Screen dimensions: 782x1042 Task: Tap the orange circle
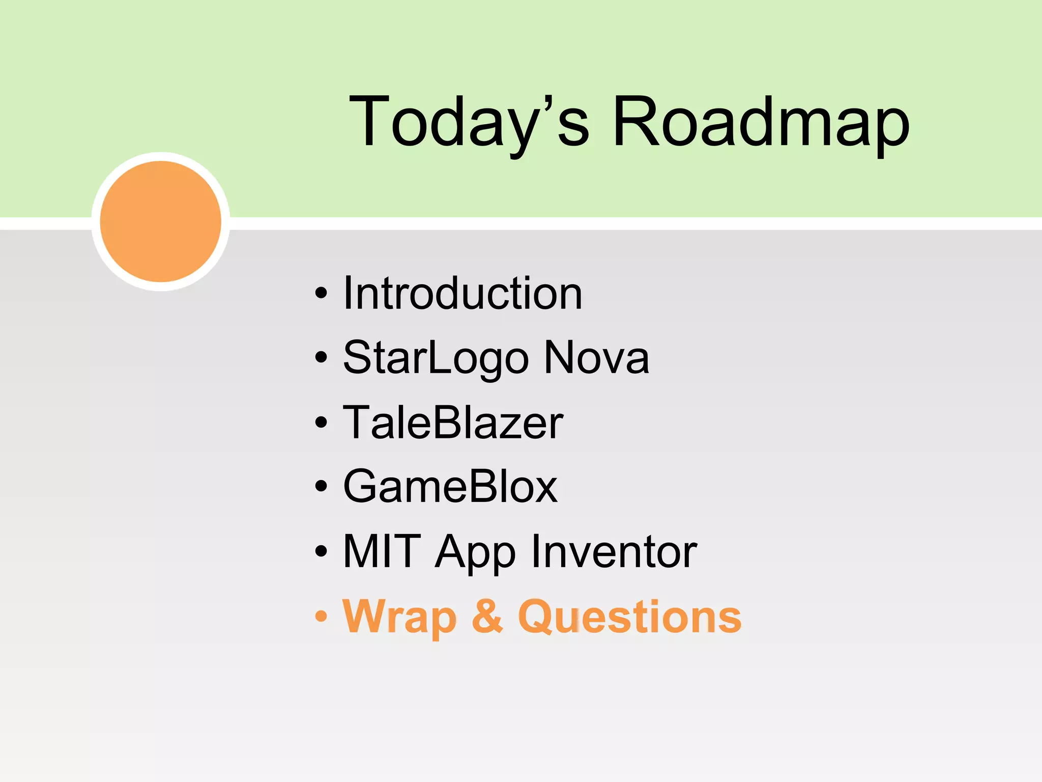(x=161, y=221)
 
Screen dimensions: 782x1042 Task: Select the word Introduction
(x=462, y=294)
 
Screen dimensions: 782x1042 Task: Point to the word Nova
(x=596, y=358)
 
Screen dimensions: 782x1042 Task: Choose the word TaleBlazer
(x=453, y=423)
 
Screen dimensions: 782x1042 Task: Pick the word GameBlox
(x=450, y=487)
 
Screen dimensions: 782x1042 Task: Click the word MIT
(x=382, y=551)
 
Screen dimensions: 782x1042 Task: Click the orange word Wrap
(x=400, y=617)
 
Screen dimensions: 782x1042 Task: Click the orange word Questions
(x=629, y=617)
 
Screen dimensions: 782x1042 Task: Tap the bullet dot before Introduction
(x=321, y=294)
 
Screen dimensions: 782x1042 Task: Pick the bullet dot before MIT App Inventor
(x=321, y=551)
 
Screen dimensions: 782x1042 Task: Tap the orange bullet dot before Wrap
(x=321, y=616)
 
